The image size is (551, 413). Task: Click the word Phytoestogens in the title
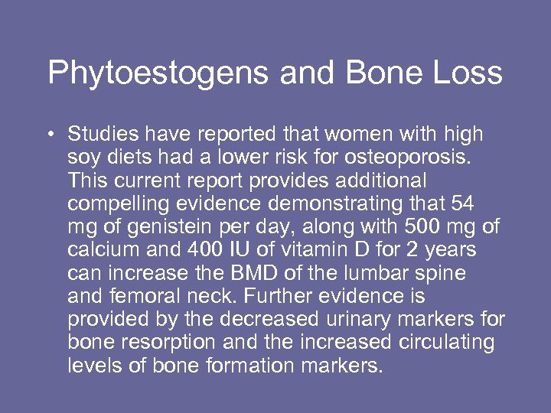point(156,73)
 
